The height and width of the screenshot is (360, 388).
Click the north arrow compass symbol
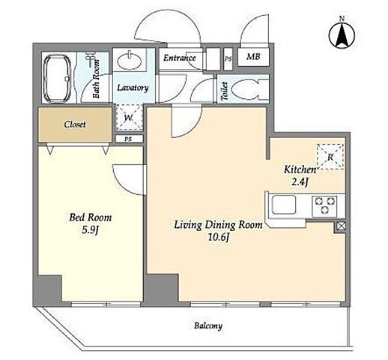342,34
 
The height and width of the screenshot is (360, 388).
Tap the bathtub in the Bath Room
57,78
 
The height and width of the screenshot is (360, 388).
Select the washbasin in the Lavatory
130,60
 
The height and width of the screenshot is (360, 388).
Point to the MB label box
253,57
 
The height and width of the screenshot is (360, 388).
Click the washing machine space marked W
129,118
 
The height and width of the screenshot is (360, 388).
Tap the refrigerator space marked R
330,157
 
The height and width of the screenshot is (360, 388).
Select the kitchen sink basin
284,205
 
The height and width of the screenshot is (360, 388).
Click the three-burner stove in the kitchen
324,206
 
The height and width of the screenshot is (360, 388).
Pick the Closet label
75,124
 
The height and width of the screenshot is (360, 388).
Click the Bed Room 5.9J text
90,223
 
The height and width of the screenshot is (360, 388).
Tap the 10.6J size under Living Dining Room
219,237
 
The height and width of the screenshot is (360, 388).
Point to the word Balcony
208,325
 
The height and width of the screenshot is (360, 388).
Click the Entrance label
180,58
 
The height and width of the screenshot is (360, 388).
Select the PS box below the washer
129,139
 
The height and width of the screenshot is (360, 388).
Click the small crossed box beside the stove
340,226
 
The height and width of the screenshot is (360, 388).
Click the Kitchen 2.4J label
300,175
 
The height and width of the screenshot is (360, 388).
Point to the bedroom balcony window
106,304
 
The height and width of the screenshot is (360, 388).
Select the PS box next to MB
228,59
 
